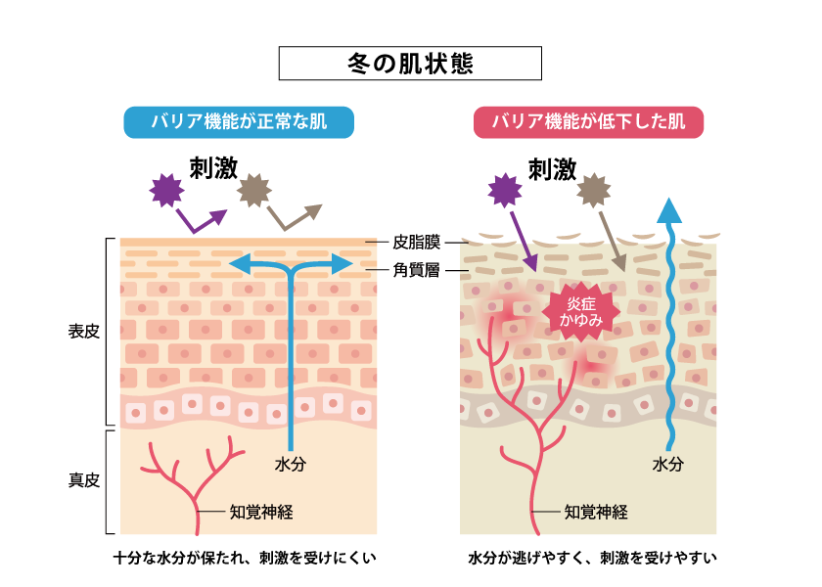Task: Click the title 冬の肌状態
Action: click(x=410, y=64)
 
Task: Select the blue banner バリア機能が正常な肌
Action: click(x=239, y=123)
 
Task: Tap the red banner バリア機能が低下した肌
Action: click(x=588, y=123)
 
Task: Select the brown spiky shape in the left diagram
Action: click(x=254, y=188)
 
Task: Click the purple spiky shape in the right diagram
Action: click(x=503, y=190)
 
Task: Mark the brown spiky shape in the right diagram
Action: click(x=594, y=190)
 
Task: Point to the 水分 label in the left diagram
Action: click(x=291, y=465)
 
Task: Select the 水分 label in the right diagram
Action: click(x=668, y=465)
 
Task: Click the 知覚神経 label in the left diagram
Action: click(x=261, y=511)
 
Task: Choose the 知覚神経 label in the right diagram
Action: click(x=596, y=511)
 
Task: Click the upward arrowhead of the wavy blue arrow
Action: click(x=669, y=209)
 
